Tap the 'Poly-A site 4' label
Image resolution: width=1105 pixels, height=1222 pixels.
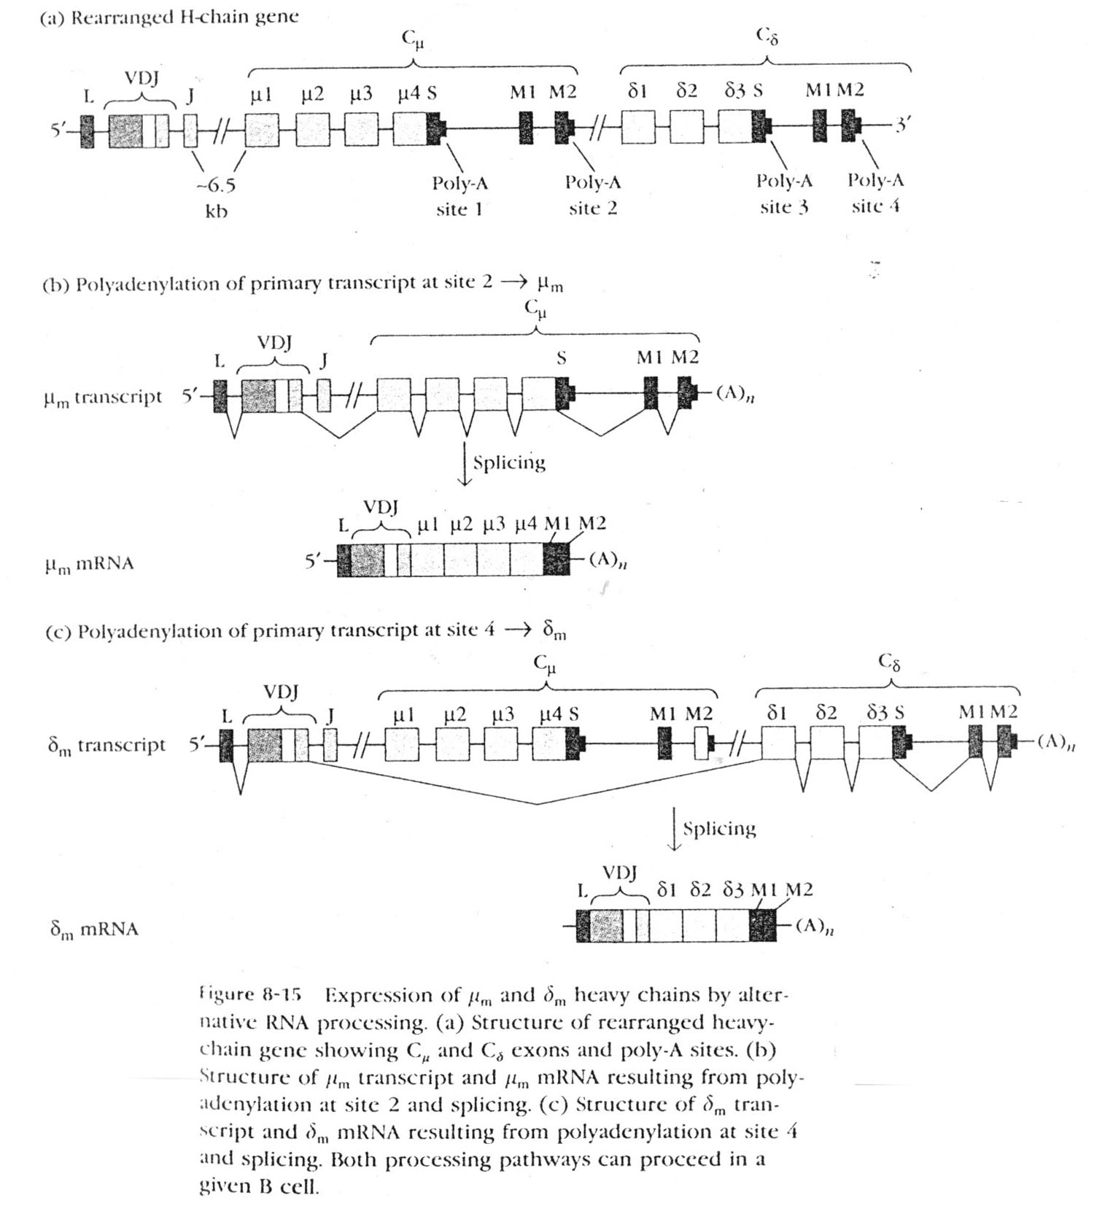[x=875, y=193]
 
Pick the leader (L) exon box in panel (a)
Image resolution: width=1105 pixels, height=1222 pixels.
[x=88, y=131]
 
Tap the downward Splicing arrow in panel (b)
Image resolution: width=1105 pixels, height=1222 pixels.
[x=465, y=463]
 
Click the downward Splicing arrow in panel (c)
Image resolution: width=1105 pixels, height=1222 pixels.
[x=675, y=829]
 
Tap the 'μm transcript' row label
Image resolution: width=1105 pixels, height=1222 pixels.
[x=103, y=398]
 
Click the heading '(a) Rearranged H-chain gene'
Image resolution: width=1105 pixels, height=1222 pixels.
[x=169, y=18]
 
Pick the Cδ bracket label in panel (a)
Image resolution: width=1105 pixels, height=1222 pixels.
[x=767, y=36]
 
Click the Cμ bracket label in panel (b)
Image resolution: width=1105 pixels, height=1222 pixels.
[x=535, y=309]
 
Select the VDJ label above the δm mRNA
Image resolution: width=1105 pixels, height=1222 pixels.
[x=620, y=873]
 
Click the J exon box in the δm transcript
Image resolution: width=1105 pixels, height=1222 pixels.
[x=330, y=746]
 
